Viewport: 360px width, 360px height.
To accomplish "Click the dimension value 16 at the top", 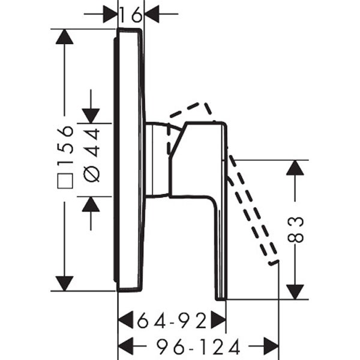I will [130, 13].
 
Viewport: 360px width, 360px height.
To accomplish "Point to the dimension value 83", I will [296, 229].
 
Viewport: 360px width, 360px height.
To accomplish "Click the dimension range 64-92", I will [172, 320].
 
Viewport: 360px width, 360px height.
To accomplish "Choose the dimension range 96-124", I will [199, 346].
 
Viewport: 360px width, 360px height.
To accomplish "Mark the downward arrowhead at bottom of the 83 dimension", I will [295, 291].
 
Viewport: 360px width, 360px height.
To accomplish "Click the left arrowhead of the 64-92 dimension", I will [125, 320].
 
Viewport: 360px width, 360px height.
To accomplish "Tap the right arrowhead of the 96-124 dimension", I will [271, 346].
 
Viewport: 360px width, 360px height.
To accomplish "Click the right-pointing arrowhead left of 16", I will [110, 13].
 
